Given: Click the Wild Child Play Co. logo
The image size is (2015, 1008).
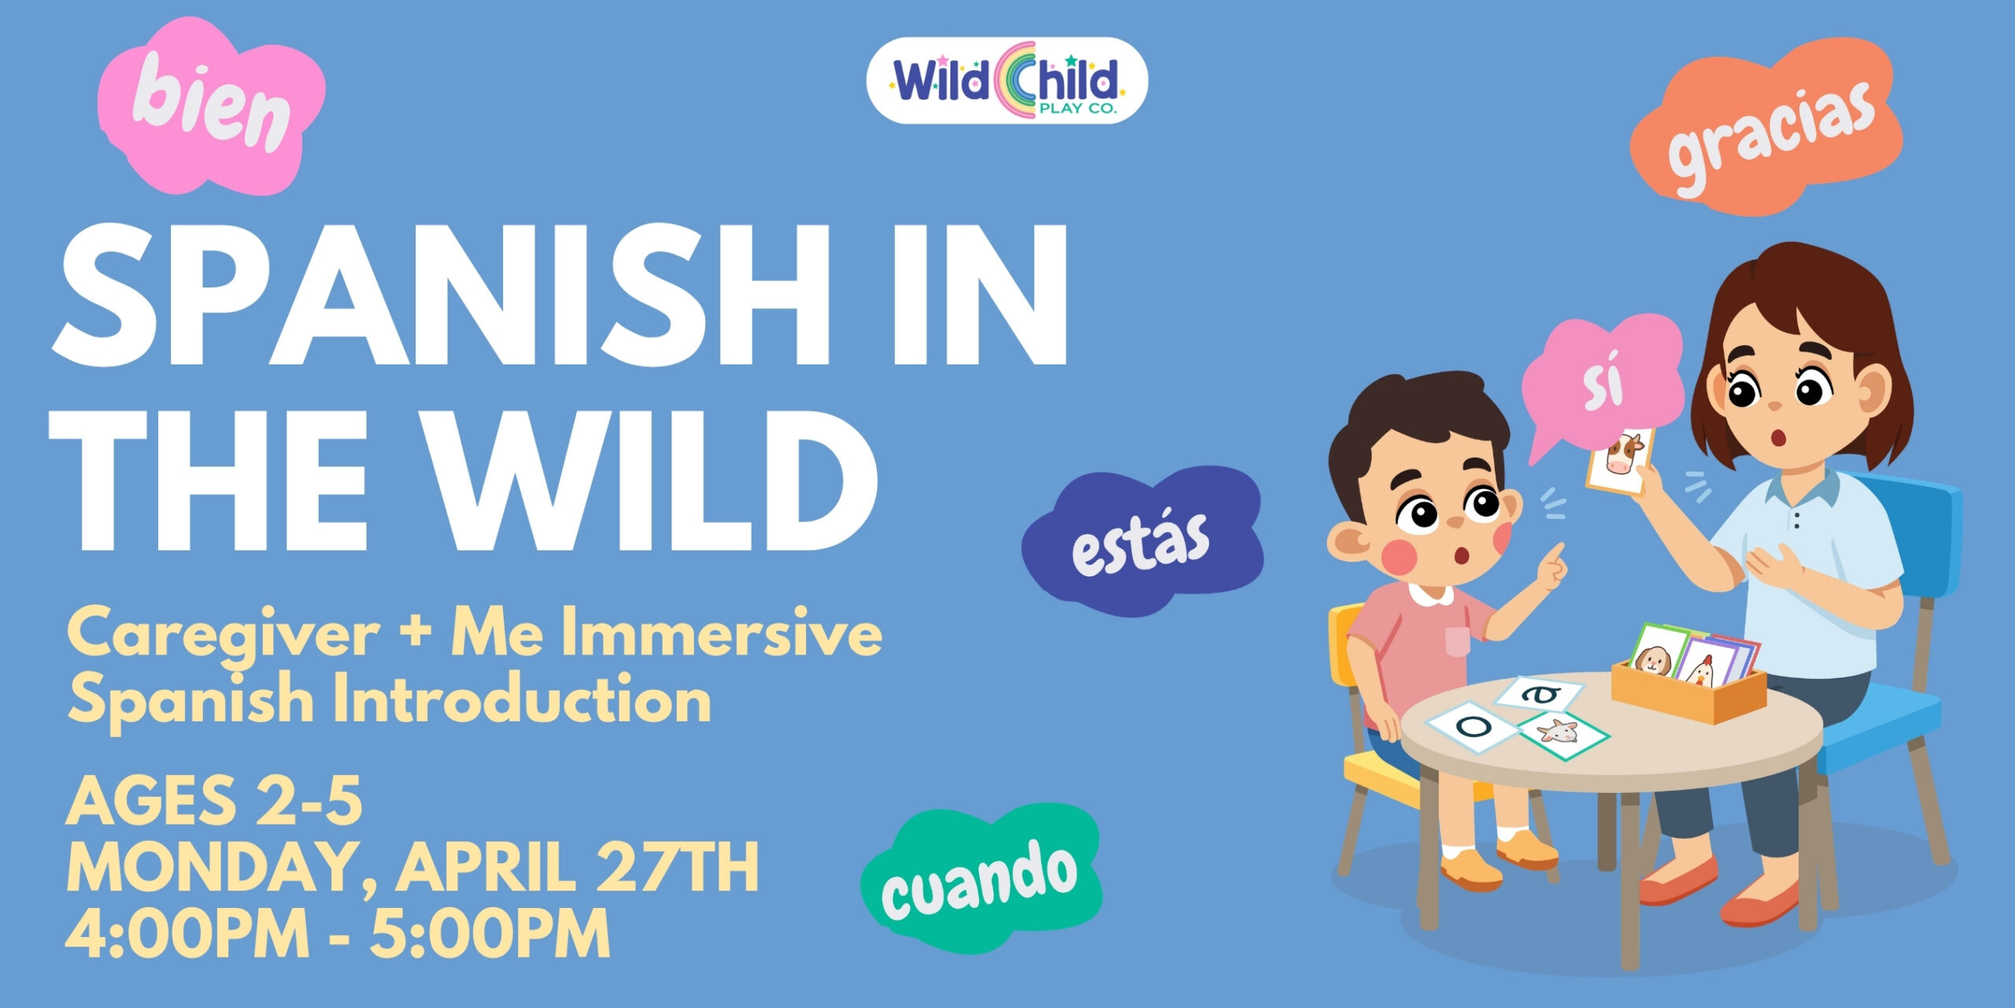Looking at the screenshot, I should pos(1007,81).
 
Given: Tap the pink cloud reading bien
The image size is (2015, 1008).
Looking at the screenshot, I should pos(210,106).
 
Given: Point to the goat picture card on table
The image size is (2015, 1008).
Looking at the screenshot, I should pos(1562,735).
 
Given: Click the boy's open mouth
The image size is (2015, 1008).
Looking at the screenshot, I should pos(1461,556).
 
